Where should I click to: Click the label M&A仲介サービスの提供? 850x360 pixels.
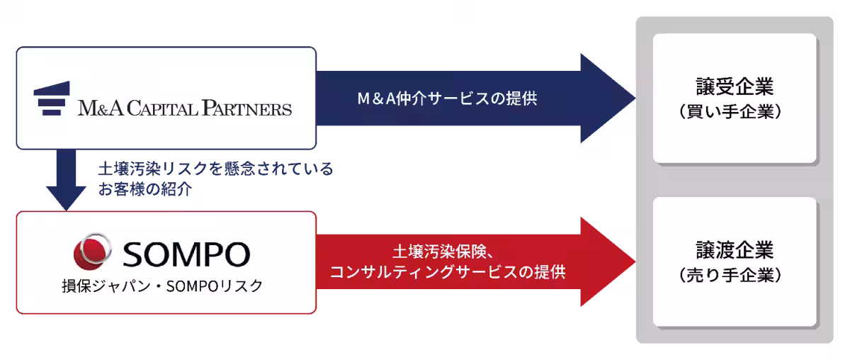tap(448, 99)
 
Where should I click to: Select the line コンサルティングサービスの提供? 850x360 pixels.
tap(448, 272)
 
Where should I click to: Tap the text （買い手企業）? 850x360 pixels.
tap(735, 112)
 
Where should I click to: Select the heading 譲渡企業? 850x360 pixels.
tap(735, 250)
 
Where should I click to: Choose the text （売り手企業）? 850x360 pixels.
tap(735, 275)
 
